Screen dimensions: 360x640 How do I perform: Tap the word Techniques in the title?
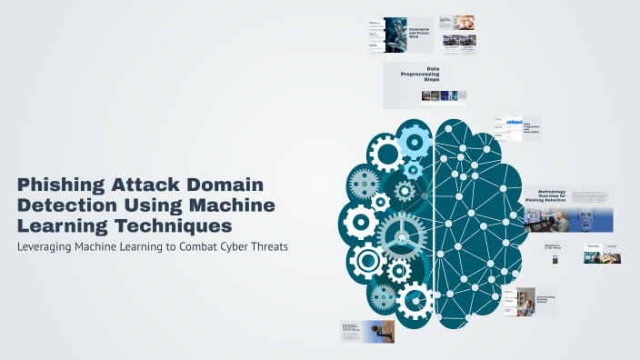(x=181, y=224)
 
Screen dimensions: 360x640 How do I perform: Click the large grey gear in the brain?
(x=401, y=234)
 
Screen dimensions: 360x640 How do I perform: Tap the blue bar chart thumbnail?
(x=506, y=123)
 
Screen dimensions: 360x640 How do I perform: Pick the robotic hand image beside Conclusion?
(x=395, y=35)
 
